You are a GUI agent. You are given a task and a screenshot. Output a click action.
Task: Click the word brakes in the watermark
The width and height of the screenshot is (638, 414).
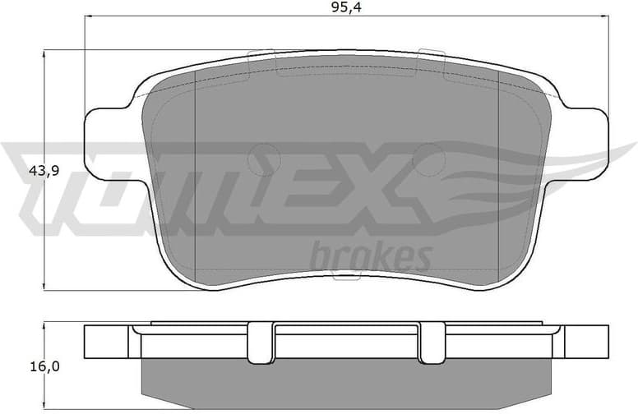click(370, 257)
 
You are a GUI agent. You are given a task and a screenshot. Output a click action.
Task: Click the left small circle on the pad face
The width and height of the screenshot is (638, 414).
click(262, 155)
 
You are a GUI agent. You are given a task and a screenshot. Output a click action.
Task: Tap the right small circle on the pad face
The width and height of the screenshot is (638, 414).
click(428, 155)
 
